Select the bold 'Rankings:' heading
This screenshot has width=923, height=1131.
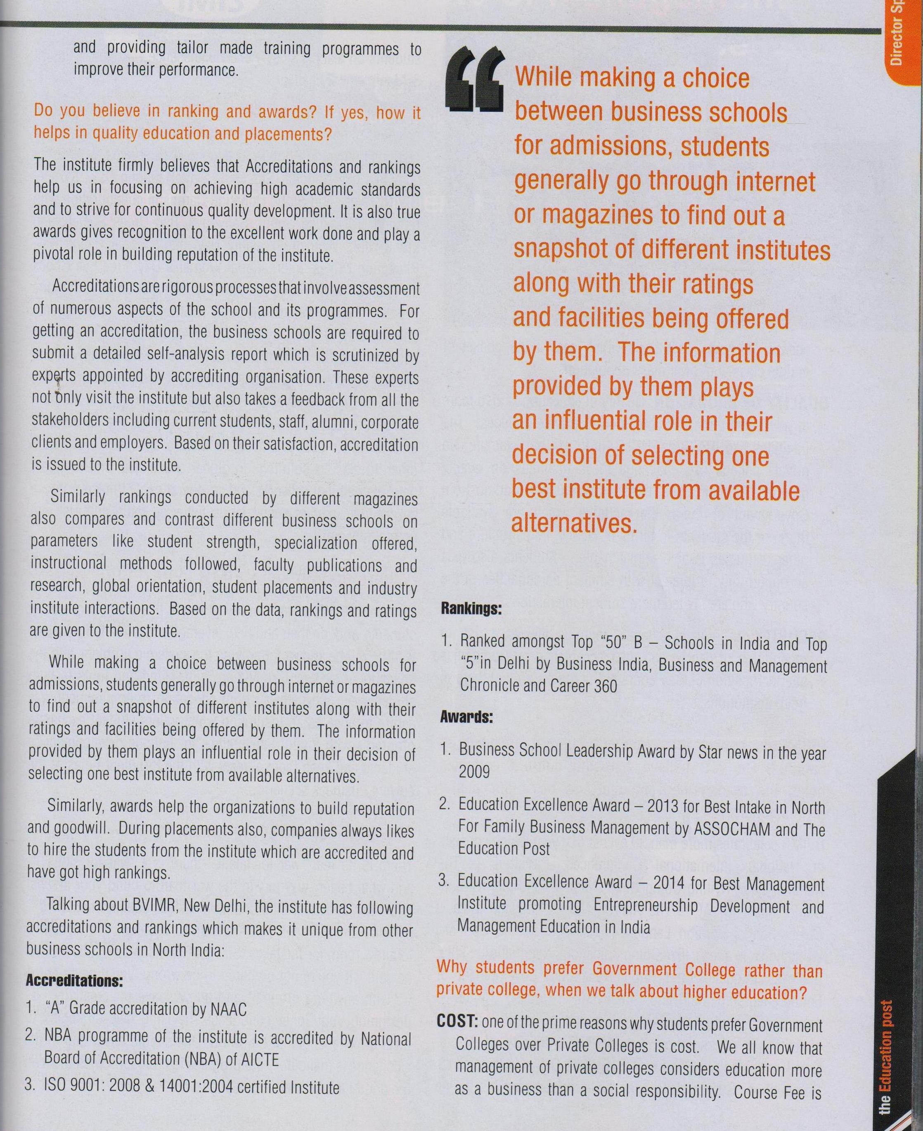[x=471, y=609]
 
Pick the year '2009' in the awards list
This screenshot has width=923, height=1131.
[x=474, y=771]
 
